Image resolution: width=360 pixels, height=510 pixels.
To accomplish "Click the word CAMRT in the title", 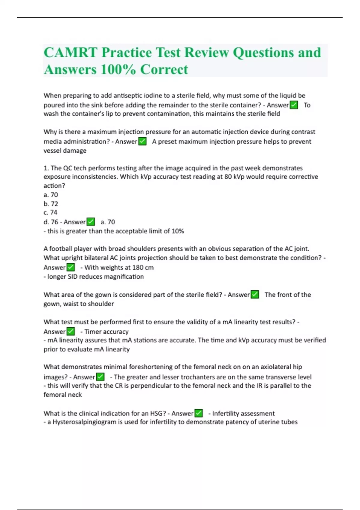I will [x=70, y=53].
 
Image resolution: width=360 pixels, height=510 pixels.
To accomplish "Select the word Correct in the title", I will [x=164, y=70].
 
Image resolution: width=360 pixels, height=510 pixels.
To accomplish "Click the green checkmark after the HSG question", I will [x=199, y=413].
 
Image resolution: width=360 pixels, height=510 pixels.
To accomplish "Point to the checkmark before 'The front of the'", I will [x=255, y=295].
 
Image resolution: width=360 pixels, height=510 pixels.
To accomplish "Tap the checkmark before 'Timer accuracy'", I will [x=71, y=331].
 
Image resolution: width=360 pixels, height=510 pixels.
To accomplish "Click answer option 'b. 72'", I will [x=51, y=204].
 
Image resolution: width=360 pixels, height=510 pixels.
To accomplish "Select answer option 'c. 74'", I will [x=50, y=212].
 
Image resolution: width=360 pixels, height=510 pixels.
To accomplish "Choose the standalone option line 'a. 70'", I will [x=51, y=195].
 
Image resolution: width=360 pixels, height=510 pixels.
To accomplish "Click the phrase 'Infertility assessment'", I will [x=243, y=413].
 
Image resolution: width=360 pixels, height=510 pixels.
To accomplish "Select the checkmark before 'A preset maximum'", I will [x=142, y=141].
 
